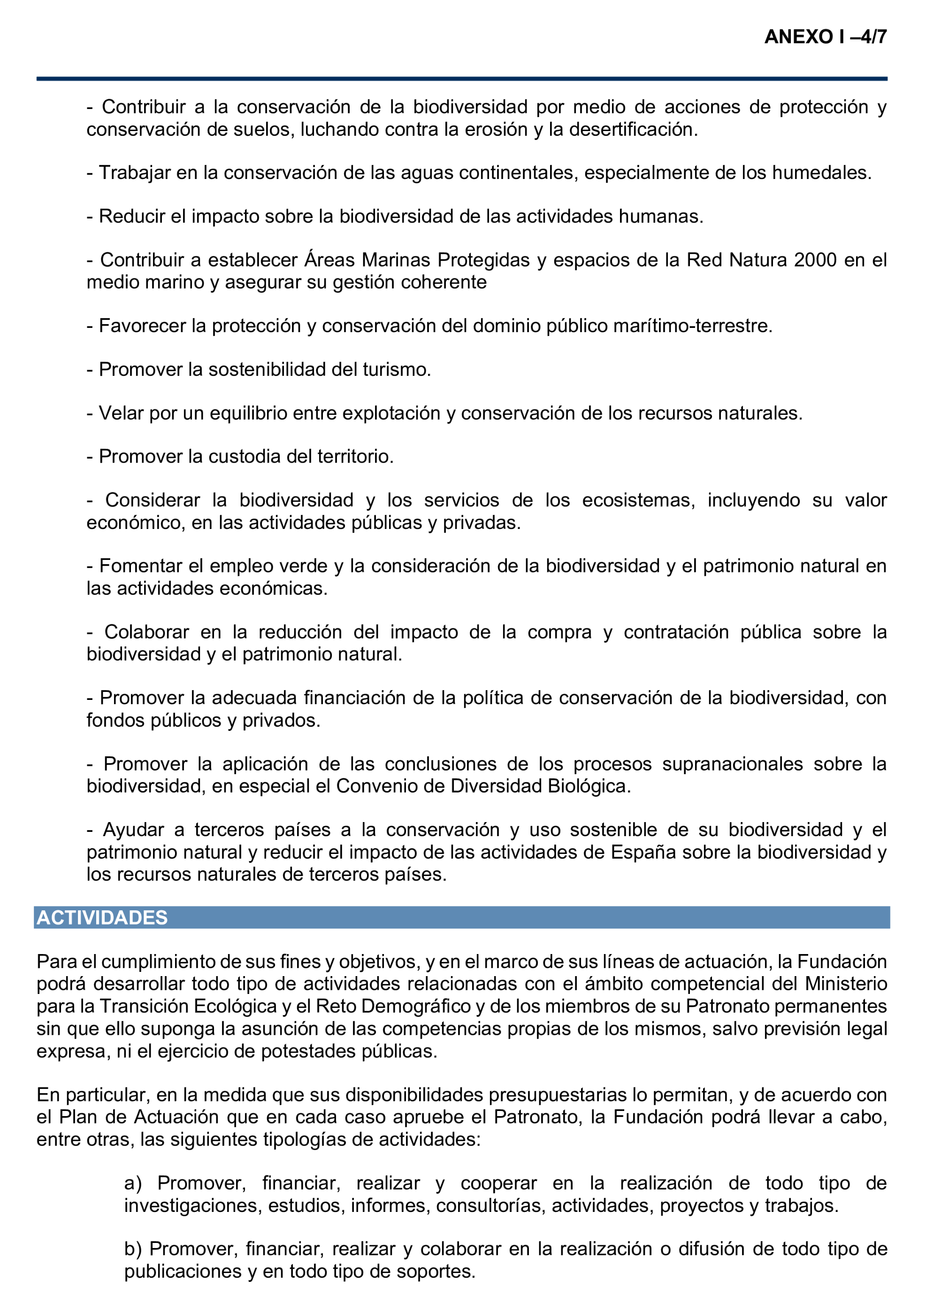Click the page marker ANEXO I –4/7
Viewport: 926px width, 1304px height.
[x=825, y=37]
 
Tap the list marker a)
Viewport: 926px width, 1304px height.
[x=133, y=1183]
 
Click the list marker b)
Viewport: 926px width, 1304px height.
[x=133, y=1249]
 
